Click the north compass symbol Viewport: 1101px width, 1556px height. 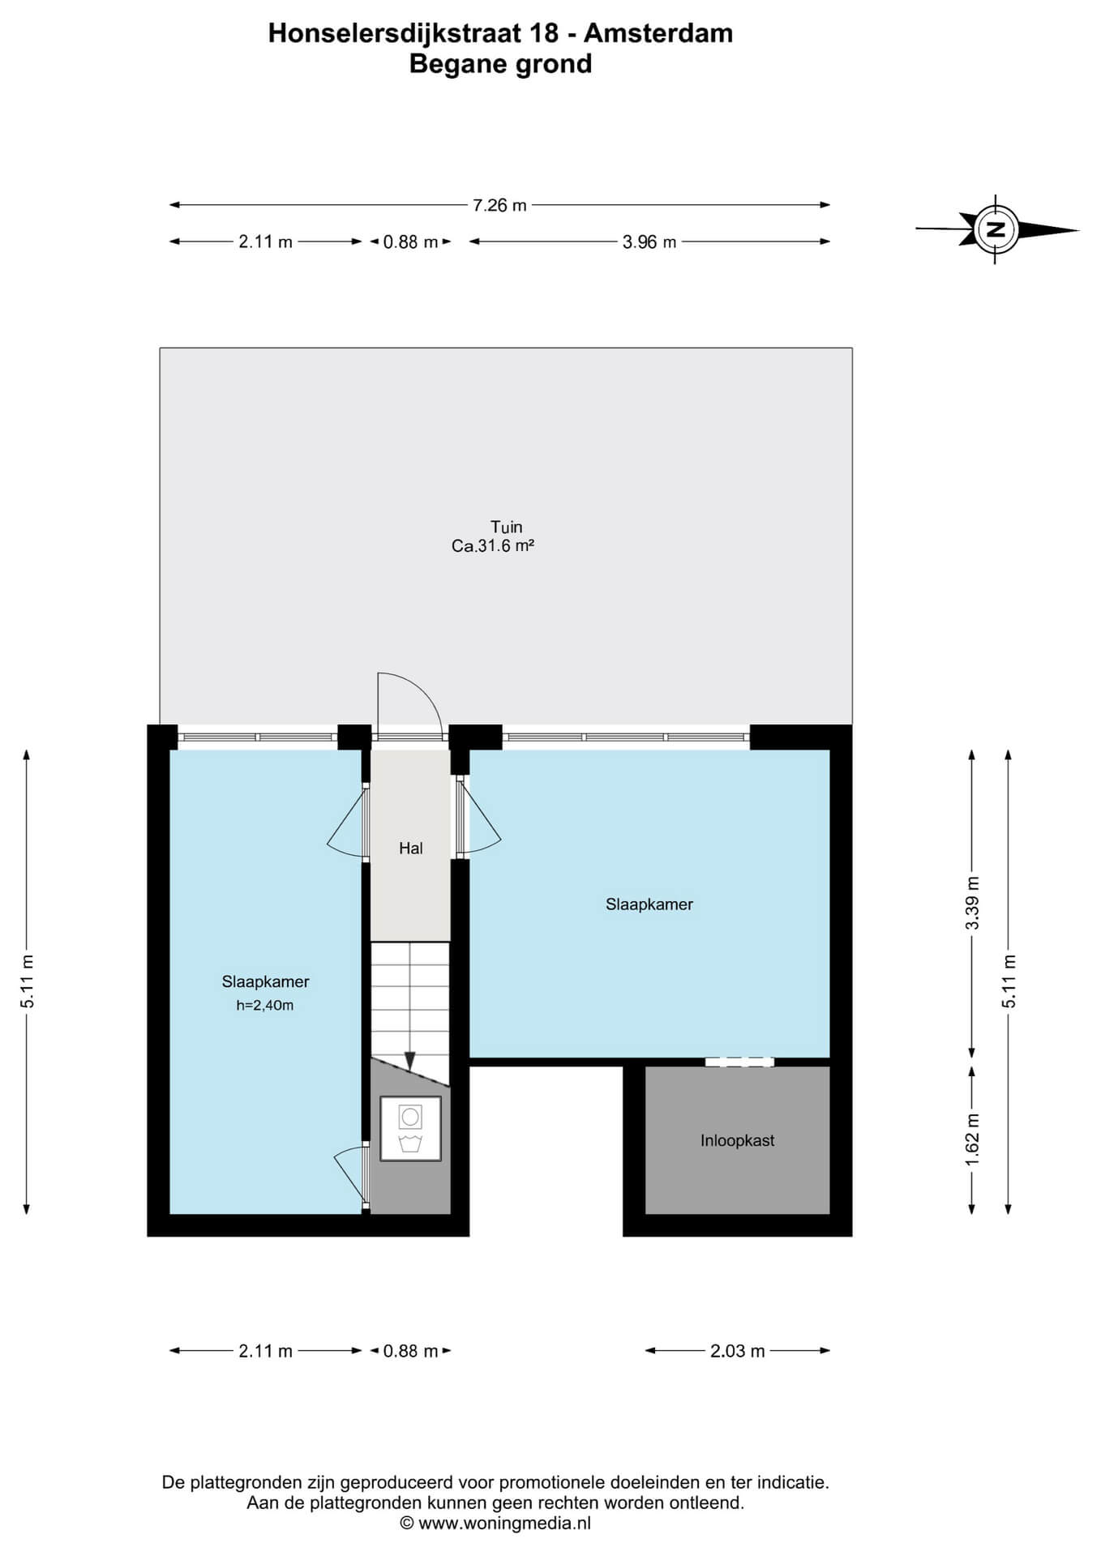(997, 229)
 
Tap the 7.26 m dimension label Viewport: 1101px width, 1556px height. (499, 205)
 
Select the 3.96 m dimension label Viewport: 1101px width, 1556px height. (649, 242)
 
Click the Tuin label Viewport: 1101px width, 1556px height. (507, 527)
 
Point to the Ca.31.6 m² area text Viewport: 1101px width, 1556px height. (493, 546)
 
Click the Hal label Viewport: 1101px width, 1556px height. (411, 849)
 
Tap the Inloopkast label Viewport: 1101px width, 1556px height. (738, 1140)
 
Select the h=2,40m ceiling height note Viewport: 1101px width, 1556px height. (265, 1006)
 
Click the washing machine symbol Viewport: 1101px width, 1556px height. (410, 1129)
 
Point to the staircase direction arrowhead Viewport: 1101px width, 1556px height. (410, 1060)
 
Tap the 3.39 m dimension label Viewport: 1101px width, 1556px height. (973, 903)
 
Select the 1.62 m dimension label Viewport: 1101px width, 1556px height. (973, 1139)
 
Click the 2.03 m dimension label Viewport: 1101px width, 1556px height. (738, 1351)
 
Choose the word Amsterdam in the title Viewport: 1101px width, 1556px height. (658, 33)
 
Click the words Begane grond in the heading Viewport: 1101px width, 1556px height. (500, 64)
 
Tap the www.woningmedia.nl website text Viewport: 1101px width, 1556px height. (504, 1523)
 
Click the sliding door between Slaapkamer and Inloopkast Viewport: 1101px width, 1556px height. (739, 1062)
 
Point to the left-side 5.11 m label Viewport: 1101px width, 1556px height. (28, 981)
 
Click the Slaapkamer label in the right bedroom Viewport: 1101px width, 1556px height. (649, 904)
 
